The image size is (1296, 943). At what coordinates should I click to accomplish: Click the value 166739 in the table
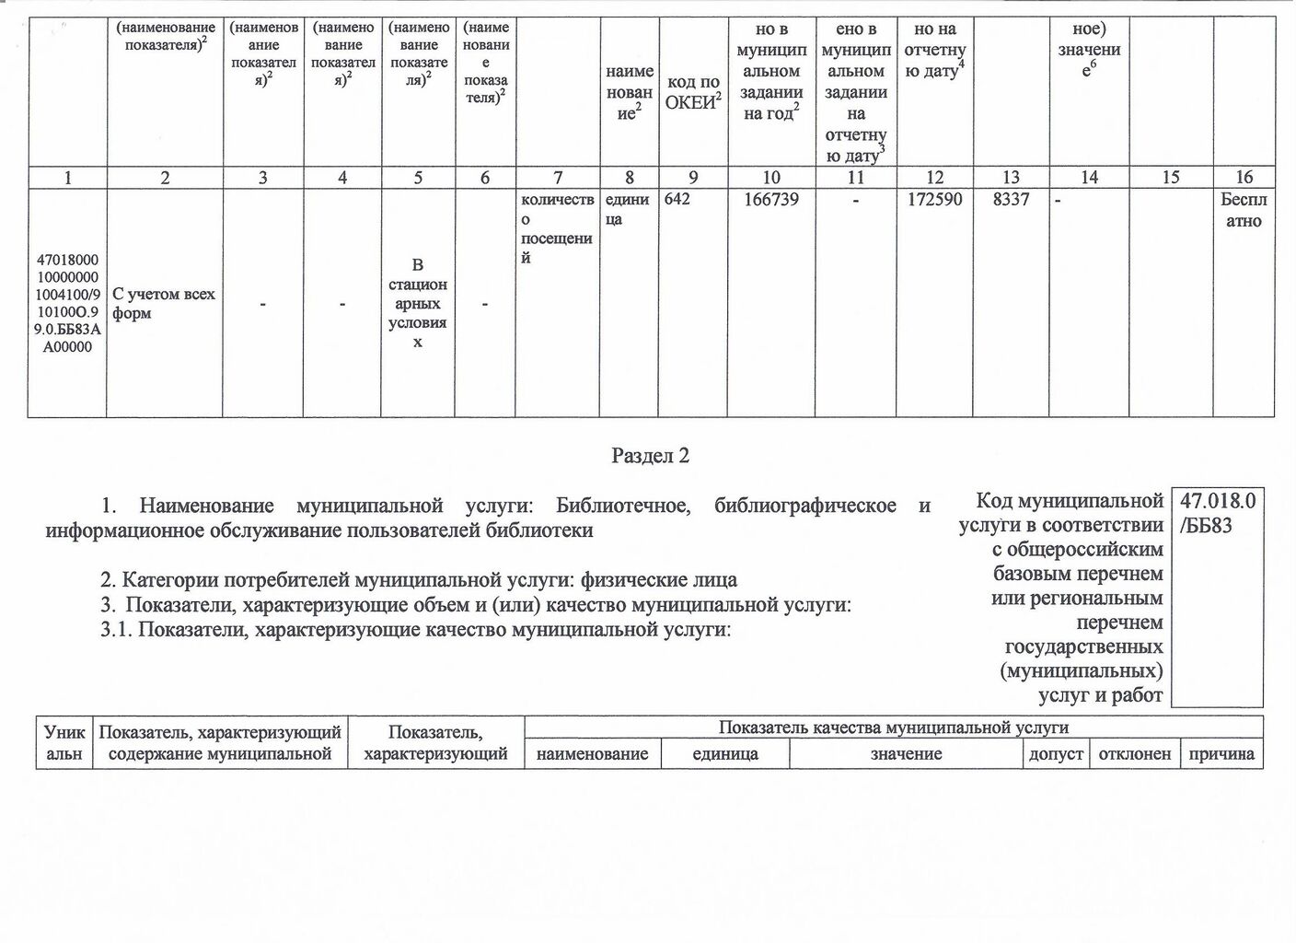(770, 200)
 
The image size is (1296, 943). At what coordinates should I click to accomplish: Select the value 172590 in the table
(934, 200)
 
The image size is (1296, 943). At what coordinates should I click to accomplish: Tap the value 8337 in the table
(1011, 200)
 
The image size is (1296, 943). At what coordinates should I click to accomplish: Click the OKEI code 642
(677, 200)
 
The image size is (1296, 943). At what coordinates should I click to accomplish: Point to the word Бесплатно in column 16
(1244, 210)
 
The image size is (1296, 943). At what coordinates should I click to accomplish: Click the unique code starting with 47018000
(68, 304)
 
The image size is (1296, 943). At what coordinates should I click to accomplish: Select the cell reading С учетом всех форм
(163, 303)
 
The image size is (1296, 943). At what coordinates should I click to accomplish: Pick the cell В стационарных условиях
(418, 303)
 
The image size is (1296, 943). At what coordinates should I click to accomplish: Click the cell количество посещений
(557, 227)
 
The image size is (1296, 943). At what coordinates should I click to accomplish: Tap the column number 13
(1011, 178)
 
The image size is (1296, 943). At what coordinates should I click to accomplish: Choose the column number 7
(557, 178)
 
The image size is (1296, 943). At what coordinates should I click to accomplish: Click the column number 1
(68, 178)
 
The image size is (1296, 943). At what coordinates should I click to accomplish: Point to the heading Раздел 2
(650, 456)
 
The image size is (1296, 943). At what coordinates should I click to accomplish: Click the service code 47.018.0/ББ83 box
(1217, 513)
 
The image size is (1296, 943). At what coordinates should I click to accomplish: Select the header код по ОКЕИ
(692, 92)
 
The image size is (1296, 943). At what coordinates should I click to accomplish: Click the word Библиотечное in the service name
(623, 506)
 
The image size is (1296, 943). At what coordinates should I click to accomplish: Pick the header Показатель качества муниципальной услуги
(893, 728)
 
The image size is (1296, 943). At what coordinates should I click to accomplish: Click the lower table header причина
(1221, 754)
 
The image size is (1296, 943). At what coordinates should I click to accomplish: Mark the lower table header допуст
(1056, 754)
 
